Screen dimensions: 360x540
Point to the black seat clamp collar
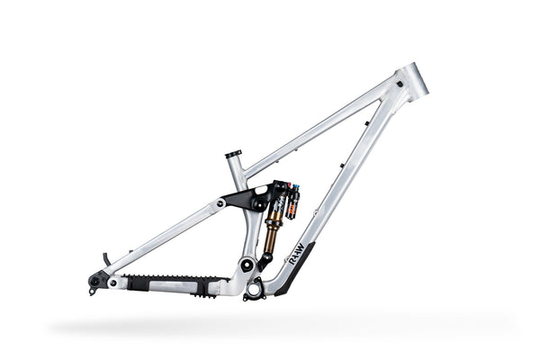pos(233,155)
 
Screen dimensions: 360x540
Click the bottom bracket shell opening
pos(255,288)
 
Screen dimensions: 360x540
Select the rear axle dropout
pos(94,280)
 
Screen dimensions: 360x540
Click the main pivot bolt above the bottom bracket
pos(247,265)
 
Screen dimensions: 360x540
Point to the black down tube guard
pos(292,270)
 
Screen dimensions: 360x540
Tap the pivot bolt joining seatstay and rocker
pos(220,203)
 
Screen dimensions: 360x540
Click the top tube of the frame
pos(315,128)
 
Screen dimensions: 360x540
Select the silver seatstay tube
pos(162,238)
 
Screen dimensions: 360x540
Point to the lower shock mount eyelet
pos(265,260)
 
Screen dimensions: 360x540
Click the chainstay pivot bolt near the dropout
pos(112,282)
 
